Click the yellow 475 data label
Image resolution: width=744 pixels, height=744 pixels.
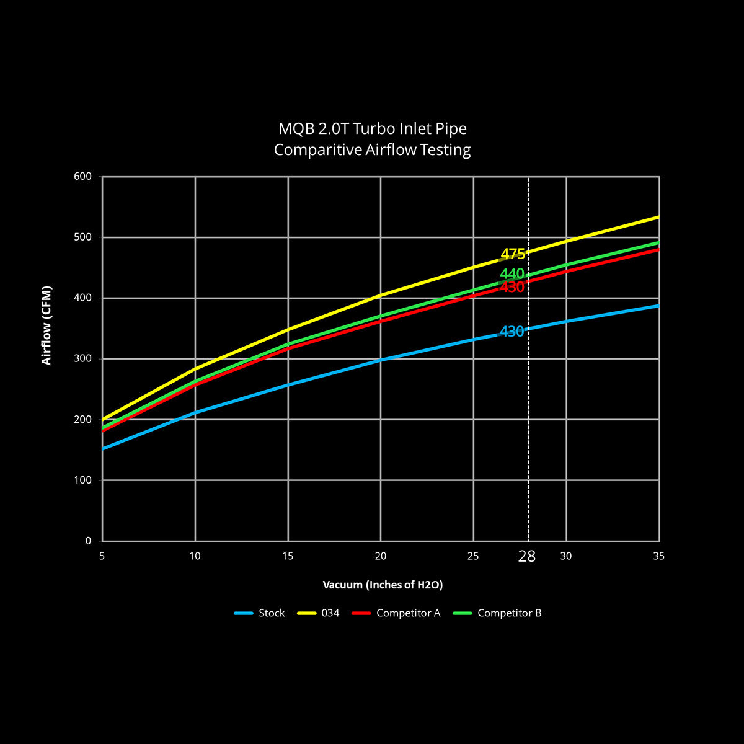pos(513,254)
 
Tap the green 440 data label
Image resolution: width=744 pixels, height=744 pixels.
pos(512,274)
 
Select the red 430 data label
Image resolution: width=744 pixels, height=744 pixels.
pos(512,288)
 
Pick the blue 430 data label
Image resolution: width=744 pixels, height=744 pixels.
pos(511,332)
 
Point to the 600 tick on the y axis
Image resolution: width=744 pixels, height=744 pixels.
pos(83,177)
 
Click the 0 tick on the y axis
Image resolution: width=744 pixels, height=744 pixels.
pos(89,541)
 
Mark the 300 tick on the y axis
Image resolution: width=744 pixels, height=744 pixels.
pos(83,359)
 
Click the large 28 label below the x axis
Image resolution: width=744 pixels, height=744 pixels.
pos(527,556)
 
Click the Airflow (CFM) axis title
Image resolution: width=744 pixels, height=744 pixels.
pos(46,325)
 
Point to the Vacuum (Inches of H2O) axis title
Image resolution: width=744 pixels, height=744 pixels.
pos(383,585)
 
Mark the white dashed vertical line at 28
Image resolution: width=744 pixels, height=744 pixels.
pos(528,434)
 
